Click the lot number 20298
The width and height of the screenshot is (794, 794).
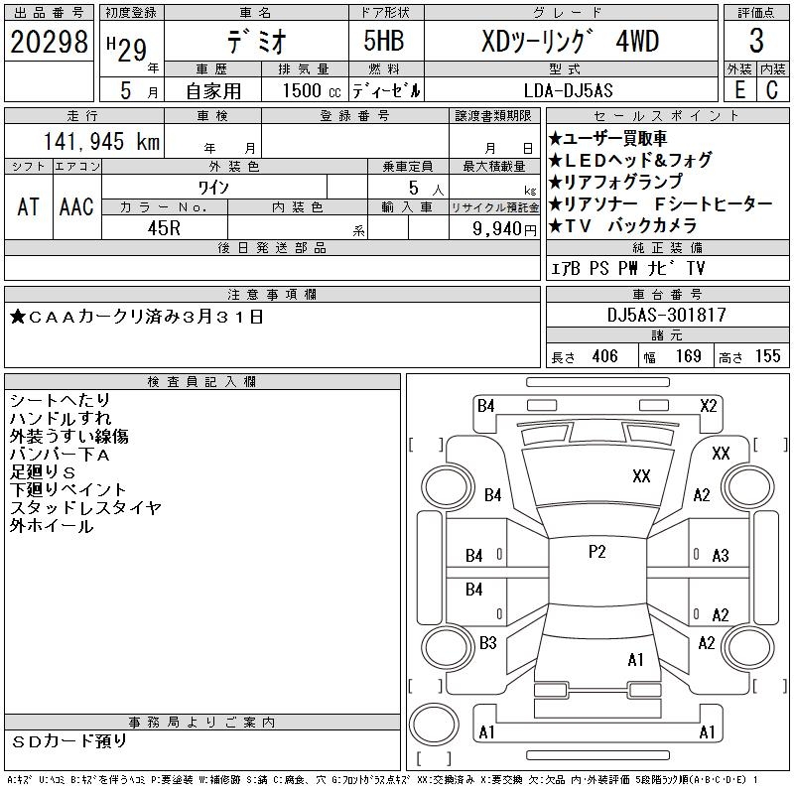49,42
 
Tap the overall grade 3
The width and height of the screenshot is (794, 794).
756,41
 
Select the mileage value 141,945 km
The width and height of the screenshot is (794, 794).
101,141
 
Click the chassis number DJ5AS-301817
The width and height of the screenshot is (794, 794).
667,315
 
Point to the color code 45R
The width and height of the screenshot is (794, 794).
164,228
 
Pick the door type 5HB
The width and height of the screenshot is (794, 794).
384,41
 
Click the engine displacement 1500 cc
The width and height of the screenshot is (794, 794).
312,90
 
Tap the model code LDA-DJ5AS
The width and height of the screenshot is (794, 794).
568,90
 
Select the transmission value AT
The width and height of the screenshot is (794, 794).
29,206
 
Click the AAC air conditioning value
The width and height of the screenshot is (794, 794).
76,206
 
